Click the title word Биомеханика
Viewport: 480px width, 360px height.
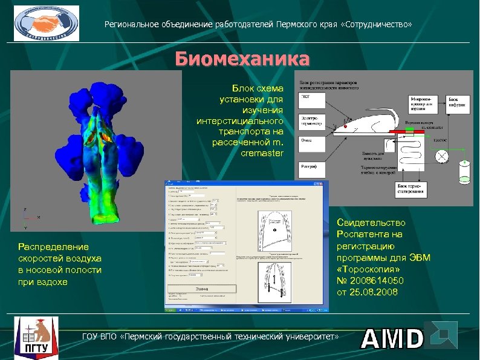pos(242,60)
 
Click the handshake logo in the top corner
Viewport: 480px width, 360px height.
pos(46,24)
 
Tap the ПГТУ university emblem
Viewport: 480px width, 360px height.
pos(36,335)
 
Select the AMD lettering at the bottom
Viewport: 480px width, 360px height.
pos(392,338)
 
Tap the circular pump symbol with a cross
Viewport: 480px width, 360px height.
pos(442,156)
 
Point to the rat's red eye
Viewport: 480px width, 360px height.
pos(345,124)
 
